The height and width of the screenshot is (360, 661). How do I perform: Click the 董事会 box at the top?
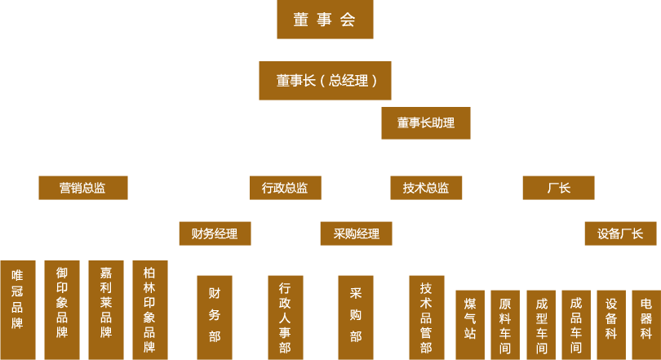[x=325, y=20]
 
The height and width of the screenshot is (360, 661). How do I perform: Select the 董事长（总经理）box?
[x=325, y=81]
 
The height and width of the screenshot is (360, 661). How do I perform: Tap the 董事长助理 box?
[x=426, y=123]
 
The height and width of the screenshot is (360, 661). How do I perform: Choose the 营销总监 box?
[x=82, y=188]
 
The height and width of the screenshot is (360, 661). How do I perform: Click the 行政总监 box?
[x=285, y=188]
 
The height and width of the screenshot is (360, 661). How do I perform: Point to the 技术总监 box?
[x=426, y=188]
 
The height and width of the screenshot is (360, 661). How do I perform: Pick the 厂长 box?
[x=558, y=188]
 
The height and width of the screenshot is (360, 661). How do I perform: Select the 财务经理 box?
[x=215, y=233]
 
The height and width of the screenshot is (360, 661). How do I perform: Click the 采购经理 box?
[x=356, y=233]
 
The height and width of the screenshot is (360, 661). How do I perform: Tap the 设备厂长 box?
[x=620, y=233]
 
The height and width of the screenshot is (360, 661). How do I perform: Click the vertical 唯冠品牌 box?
[x=18, y=309]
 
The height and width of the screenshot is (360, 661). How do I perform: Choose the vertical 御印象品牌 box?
[x=62, y=309]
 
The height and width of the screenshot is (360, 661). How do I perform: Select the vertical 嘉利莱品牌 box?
[x=106, y=309]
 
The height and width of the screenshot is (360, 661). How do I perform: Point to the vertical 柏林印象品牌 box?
[x=149, y=309]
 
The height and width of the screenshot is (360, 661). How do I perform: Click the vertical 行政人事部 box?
[x=285, y=317]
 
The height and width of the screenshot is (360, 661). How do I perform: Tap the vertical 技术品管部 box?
[x=426, y=317]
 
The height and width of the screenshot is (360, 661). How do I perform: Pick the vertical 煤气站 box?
[x=470, y=324]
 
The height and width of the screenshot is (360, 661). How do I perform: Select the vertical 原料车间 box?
[x=505, y=324]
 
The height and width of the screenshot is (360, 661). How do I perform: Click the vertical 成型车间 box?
[x=541, y=324]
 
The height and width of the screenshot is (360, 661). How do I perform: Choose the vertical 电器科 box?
[x=645, y=324]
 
